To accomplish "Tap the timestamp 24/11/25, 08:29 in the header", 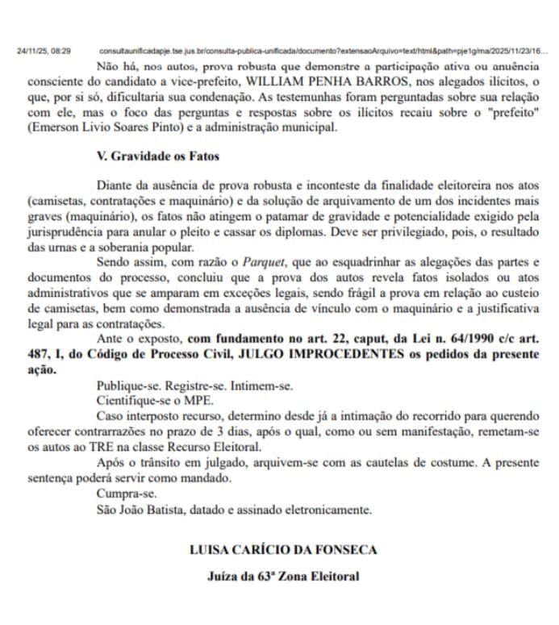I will click(x=44, y=51).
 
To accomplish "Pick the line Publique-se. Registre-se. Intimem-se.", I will click(x=194, y=386).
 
